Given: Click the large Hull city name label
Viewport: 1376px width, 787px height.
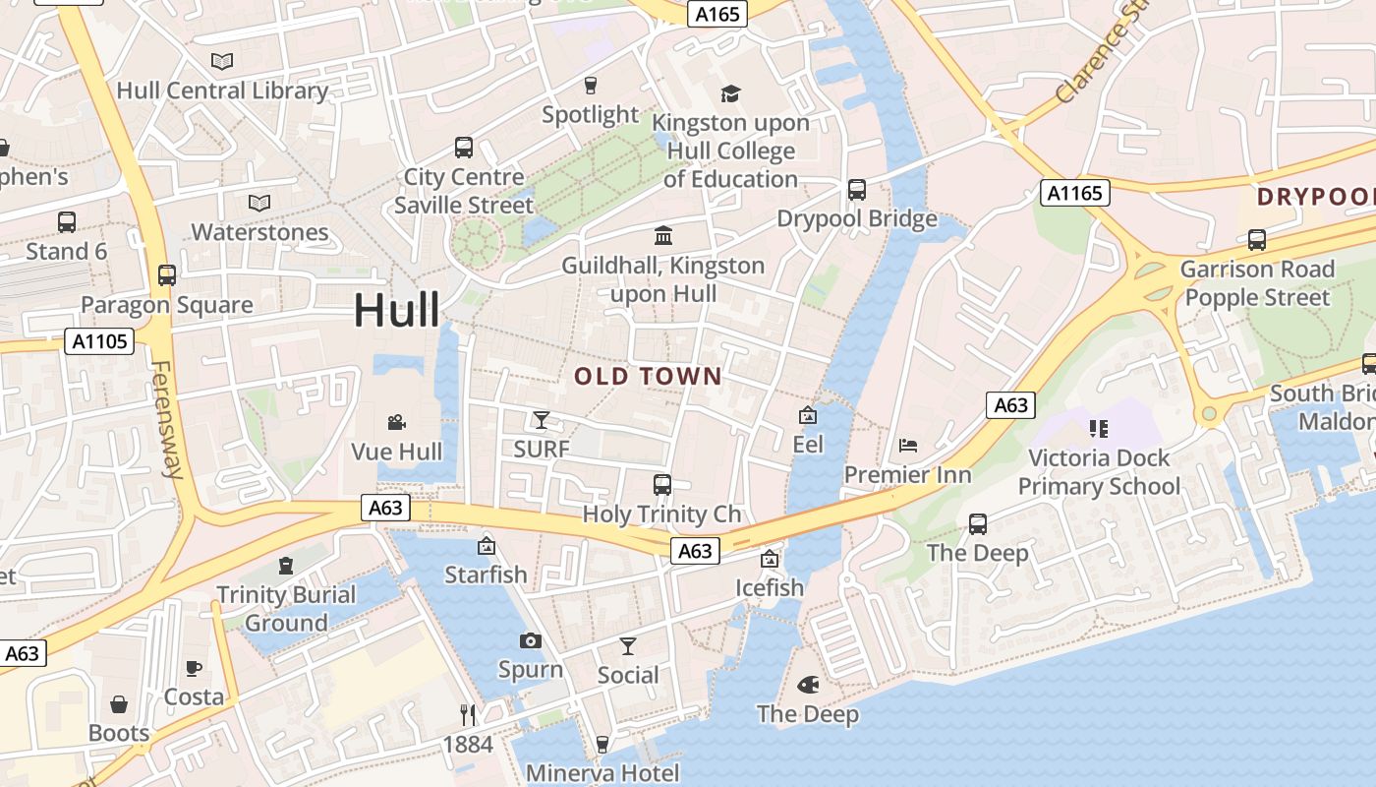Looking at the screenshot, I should [397, 310].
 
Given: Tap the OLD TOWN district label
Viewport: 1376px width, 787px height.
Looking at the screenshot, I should [648, 376].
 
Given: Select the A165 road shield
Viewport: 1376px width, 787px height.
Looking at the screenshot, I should [717, 13].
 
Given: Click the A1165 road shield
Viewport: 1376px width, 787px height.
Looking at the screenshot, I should [1075, 193].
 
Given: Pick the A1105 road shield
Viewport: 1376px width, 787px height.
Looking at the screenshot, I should [99, 341].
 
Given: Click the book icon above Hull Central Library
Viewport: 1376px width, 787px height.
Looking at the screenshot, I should [222, 62].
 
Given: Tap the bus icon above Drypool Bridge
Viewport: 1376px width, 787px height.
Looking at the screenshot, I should [857, 189].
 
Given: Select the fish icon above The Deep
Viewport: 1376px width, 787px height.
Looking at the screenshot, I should [808, 684].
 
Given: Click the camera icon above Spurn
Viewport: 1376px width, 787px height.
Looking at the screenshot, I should [531, 641].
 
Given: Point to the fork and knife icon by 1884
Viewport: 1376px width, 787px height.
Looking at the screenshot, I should [468, 714].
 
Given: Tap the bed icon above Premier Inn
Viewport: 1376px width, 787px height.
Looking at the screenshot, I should [908, 446].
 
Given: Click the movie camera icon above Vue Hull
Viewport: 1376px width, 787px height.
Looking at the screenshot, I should [397, 422].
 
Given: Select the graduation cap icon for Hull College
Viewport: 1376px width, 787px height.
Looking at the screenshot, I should [730, 93].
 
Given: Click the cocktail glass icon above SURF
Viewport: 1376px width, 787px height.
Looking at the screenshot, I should [541, 420].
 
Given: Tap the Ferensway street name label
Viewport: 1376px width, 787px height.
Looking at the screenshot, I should [166, 419].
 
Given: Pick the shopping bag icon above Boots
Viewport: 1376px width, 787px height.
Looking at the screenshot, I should [119, 704].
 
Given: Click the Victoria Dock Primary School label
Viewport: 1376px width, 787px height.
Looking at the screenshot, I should [1099, 472].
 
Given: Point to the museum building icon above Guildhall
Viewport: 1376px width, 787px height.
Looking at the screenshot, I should [663, 236].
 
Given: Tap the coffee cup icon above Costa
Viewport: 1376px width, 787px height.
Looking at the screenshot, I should [194, 669].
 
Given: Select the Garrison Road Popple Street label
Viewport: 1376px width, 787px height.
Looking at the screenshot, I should [1256, 283].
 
